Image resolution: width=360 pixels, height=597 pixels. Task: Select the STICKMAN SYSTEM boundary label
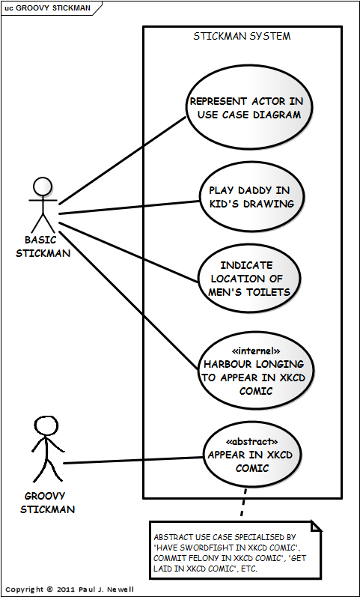[242, 36]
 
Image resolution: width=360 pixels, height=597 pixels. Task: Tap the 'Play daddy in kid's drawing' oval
[251, 196]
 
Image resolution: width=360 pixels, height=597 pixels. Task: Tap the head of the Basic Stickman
[43, 187]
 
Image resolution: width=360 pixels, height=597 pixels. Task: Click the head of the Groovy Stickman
[46, 426]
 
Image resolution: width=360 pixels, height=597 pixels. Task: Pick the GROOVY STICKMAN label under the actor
[46, 503]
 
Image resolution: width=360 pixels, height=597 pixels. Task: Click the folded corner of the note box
[316, 527]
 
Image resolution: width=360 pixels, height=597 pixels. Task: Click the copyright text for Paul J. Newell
[67, 590]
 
